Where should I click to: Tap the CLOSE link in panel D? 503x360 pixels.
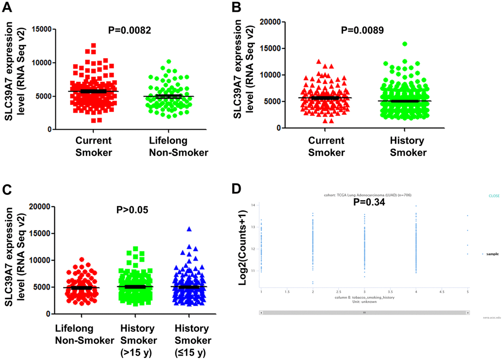494,196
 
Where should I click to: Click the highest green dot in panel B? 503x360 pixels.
404,44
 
